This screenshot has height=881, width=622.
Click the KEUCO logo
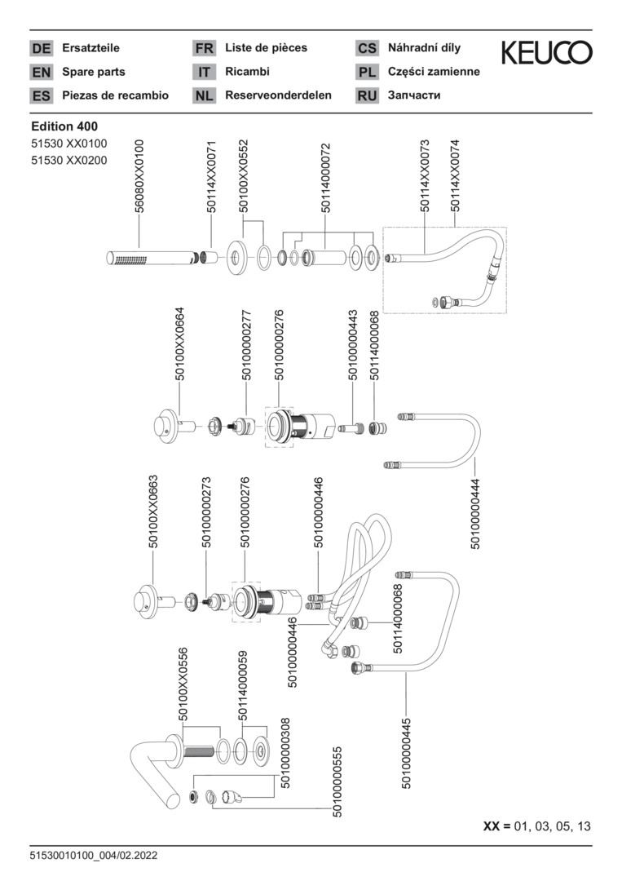546,53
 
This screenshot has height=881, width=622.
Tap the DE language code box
41,48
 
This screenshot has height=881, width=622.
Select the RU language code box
367,96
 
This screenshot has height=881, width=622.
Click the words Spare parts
94,72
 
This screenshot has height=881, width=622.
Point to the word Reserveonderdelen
279,95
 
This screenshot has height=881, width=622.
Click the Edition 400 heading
64,126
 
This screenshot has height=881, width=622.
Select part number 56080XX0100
139,176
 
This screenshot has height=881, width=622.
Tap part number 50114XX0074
455,176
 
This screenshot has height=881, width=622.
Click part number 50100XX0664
179,344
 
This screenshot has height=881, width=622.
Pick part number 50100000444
475,513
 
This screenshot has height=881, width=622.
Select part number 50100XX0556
183,684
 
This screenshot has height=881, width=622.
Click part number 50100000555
337,781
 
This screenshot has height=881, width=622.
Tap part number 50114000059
242,686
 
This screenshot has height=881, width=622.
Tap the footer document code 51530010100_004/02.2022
94,856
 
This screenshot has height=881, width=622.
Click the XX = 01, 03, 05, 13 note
536,826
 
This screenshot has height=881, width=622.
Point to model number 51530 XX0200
69,160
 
